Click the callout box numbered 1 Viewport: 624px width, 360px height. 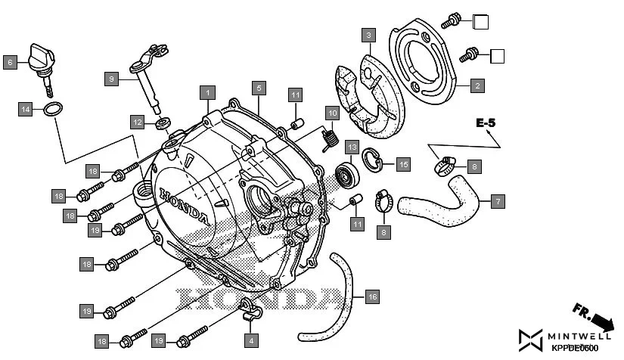coord(205,92)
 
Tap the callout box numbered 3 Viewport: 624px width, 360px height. coord(368,36)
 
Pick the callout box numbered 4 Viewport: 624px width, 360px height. coord(250,340)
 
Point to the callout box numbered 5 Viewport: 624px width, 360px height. coord(258,88)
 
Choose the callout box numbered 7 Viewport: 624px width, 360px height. coord(496,202)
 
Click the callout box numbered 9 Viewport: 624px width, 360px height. coord(111,79)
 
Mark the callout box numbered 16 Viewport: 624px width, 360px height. coord(371,297)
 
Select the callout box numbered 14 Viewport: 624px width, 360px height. coord(26,110)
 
